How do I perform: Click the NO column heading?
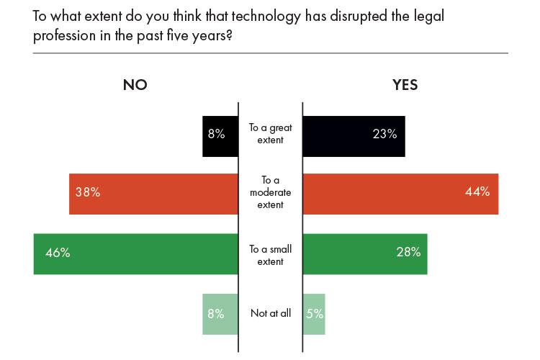pos(135,84)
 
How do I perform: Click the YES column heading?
pos(405,84)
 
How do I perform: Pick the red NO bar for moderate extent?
pos(153,194)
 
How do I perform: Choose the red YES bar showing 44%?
pos(400,194)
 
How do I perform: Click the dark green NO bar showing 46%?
pos(135,253)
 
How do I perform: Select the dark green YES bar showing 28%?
pos(364,253)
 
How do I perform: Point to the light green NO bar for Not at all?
pos(220,313)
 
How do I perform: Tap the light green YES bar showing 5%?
pos(314,313)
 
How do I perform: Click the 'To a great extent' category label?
pos(270,134)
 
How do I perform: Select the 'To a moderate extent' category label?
pos(270,193)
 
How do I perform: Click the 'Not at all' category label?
pos(270,314)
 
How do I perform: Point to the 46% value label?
pos(57,253)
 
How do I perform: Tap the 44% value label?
pos(477,192)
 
